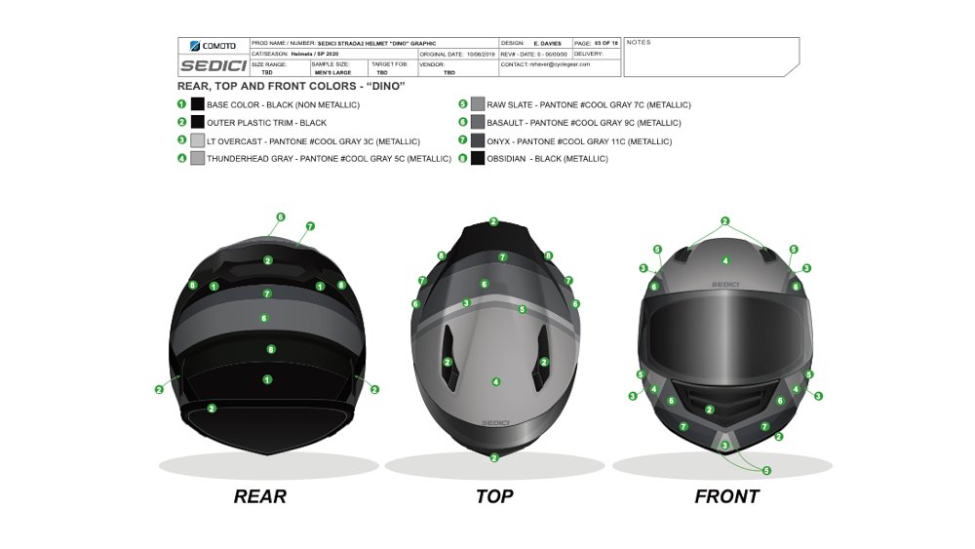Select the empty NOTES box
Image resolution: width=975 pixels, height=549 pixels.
point(710,59)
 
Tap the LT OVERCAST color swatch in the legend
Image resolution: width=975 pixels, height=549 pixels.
point(198,140)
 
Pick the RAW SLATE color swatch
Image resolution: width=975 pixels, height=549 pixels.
point(478,104)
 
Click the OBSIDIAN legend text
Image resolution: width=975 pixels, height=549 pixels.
point(547,159)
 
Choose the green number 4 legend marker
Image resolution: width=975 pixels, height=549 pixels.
point(182,158)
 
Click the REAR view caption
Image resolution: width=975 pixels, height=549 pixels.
point(260,496)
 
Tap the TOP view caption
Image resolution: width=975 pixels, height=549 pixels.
point(494,496)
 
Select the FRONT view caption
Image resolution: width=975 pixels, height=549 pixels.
point(726,496)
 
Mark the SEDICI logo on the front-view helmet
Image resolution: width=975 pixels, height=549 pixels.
point(725,285)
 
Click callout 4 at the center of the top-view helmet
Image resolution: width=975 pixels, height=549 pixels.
point(495,381)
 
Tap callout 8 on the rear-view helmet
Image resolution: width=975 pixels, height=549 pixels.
point(270,348)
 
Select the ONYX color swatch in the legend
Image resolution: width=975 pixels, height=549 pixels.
point(478,140)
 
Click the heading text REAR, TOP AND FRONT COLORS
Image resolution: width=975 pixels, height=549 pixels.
point(291,86)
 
